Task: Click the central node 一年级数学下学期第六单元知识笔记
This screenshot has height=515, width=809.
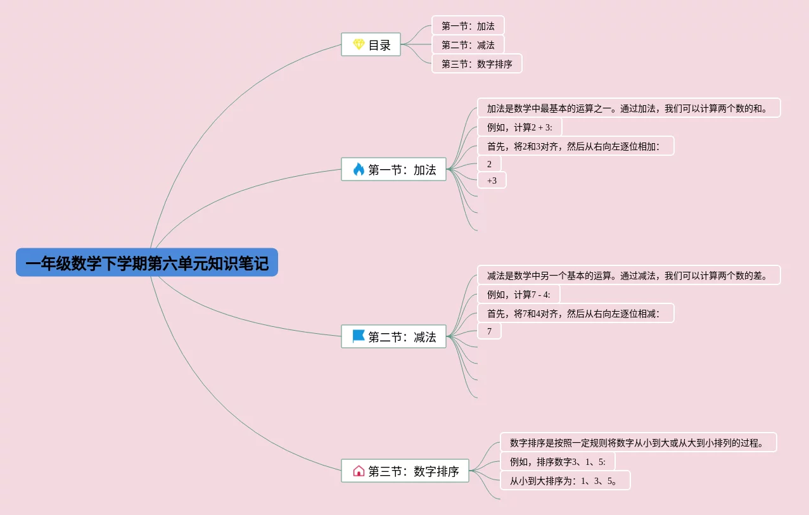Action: point(146,262)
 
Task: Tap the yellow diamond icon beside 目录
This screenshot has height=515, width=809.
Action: point(359,44)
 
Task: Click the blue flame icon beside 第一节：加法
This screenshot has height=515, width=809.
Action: point(359,169)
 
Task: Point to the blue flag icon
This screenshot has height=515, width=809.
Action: point(359,336)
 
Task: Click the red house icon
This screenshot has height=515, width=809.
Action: point(359,471)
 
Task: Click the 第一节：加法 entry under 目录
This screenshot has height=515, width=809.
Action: point(468,26)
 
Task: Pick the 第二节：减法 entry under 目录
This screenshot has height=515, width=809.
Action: point(468,45)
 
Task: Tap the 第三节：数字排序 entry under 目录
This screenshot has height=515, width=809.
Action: point(476,64)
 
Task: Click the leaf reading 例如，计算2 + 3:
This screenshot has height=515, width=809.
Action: point(519,127)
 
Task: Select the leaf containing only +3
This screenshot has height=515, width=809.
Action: point(492,181)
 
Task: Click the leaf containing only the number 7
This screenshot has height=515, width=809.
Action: point(489,331)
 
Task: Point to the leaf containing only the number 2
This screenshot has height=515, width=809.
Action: point(489,164)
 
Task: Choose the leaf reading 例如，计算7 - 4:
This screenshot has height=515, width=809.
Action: point(518,295)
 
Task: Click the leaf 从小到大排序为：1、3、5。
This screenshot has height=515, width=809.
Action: point(564,481)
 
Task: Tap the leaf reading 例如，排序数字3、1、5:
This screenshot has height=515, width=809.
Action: point(557,462)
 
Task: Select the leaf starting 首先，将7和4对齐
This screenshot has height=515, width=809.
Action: point(575,314)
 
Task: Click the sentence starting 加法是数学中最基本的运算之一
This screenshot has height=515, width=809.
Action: point(628,108)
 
